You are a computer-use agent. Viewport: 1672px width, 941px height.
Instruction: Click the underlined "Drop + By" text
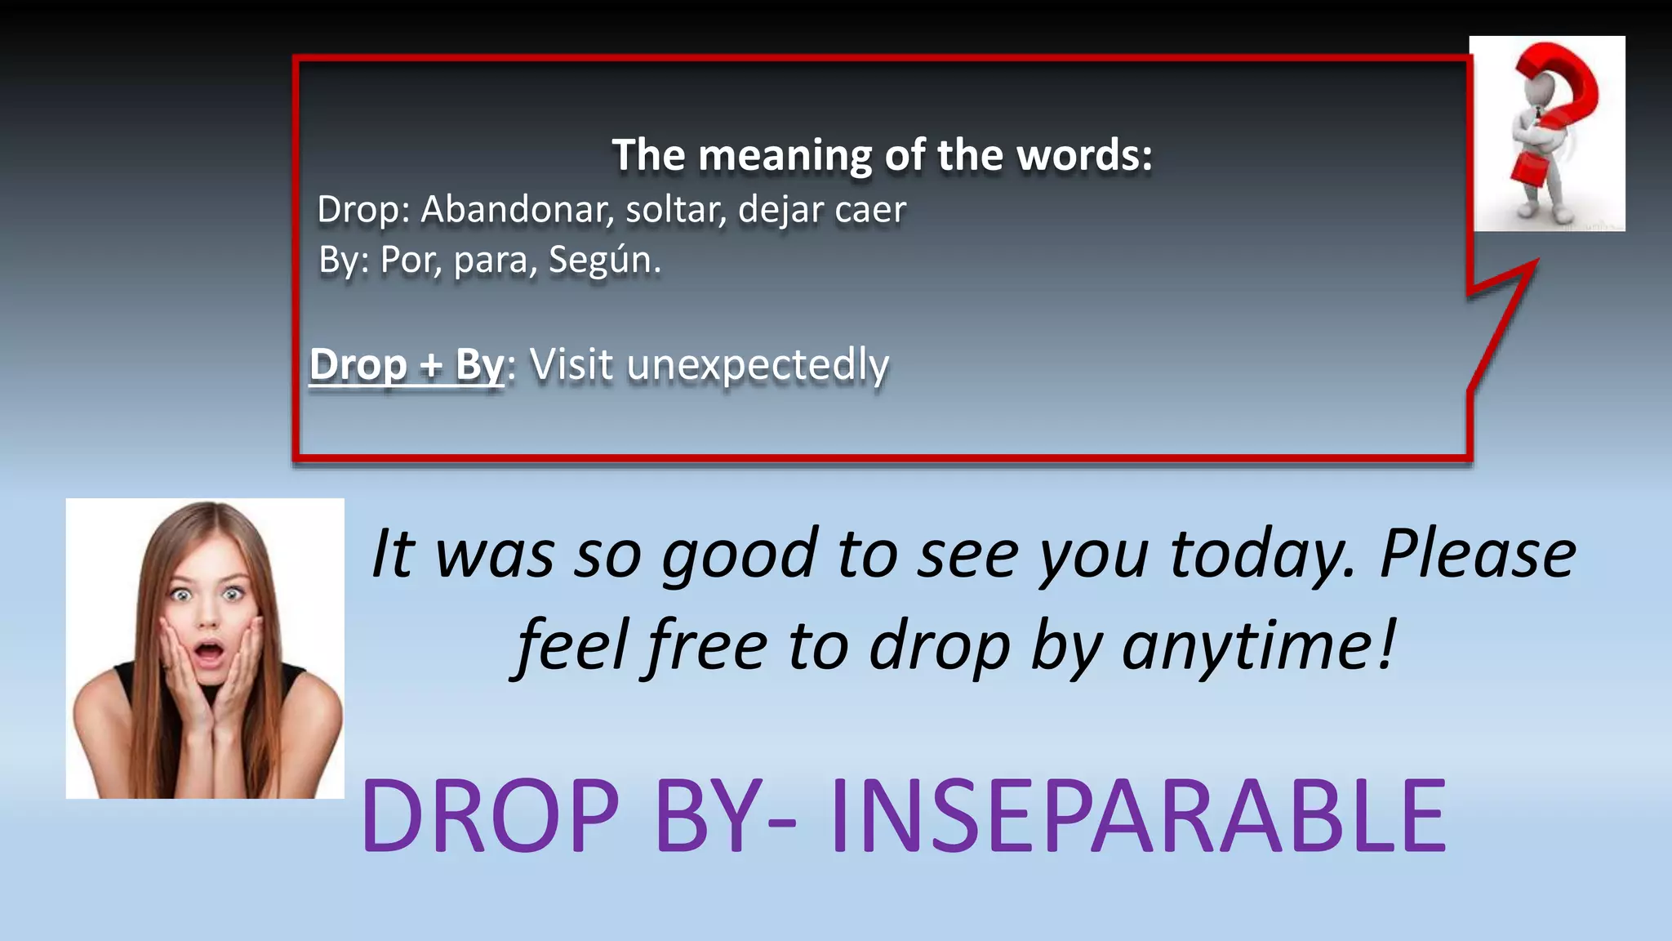click(x=407, y=364)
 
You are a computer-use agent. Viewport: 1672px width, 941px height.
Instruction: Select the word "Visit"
click(x=571, y=364)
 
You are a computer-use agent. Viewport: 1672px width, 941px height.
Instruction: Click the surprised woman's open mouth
click(x=209, y=653)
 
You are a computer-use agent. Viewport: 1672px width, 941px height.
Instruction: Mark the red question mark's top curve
click(x=1559, y=69)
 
